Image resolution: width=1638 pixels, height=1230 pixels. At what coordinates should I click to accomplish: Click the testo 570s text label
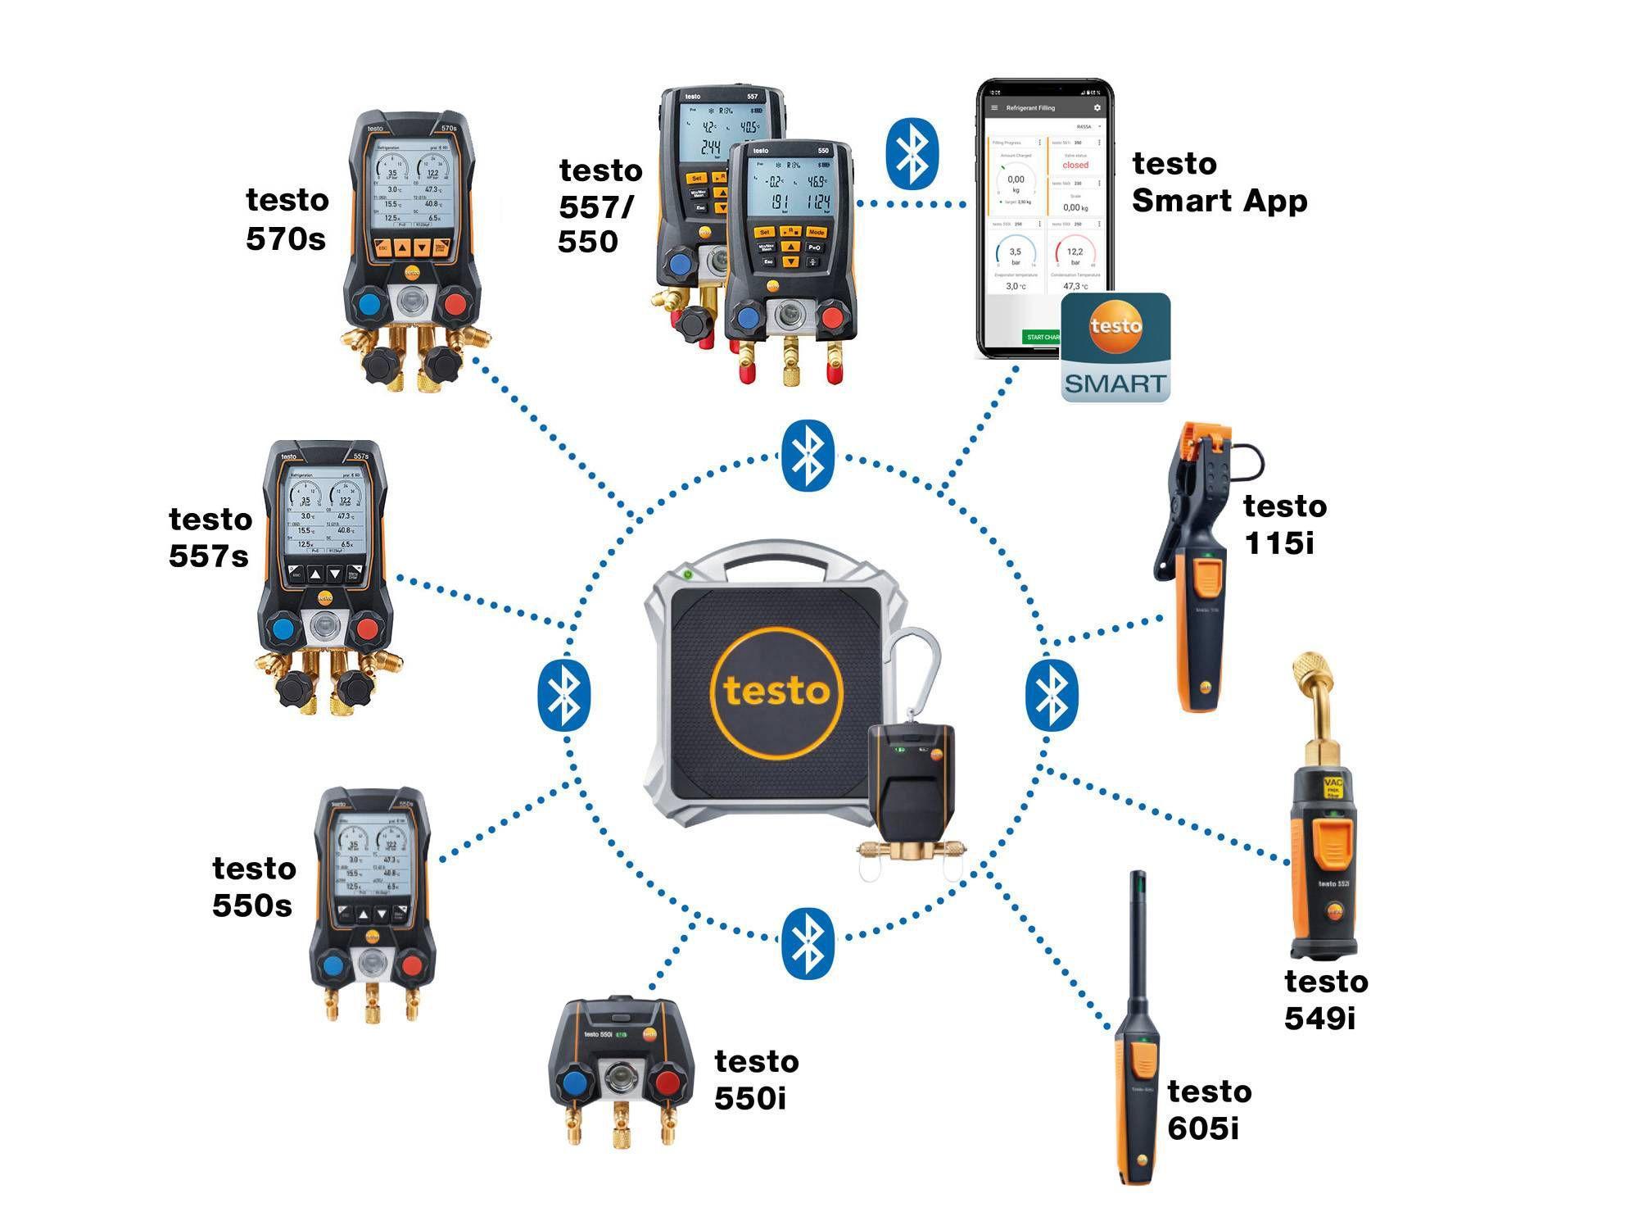pos(287,220)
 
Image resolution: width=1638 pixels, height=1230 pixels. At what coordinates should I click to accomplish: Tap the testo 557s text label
pos(210,538)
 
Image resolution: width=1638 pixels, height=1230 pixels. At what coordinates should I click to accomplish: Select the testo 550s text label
pos(253,887)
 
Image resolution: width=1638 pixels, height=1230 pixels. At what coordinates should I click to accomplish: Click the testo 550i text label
pos(755,1079)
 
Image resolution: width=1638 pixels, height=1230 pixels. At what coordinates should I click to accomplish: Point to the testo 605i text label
pos(1208,1110)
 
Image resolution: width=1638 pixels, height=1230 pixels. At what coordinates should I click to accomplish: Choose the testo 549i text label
pos(1324,999)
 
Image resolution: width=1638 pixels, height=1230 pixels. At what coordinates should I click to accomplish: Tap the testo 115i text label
pos(1283,524)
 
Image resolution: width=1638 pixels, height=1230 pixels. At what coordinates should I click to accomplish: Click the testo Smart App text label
pos(1218,182)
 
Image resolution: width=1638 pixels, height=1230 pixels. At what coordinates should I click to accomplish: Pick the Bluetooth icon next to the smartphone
pos(912,154)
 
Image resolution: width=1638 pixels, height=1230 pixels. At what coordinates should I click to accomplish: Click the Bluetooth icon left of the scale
pos(563,695)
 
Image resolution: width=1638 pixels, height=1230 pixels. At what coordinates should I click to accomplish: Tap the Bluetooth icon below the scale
pos(808,942)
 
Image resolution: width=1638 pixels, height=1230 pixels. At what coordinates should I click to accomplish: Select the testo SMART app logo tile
pos(1115,347)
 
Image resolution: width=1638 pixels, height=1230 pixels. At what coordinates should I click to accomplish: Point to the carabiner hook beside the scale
pos(916,672)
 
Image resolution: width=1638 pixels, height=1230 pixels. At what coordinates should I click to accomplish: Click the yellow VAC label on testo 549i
pos(1333,788)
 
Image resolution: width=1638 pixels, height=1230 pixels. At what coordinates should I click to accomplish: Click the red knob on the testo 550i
pos(667,1084)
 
